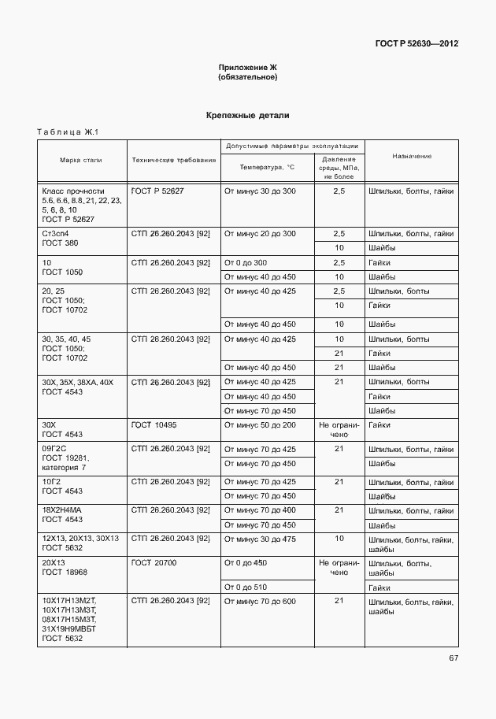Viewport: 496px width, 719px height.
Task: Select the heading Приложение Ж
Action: [x=248, y=69]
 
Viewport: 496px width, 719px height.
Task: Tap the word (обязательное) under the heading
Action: [x=248, y=78]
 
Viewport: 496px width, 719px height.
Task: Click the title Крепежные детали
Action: [x=248, y=116]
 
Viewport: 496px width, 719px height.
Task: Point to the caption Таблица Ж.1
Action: [x=65, y=132]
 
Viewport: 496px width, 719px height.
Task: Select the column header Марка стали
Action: [x=82, y=160]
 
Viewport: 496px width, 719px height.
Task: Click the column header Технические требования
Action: [x=173, y=160]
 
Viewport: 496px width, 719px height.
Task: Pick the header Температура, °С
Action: [x=267, y=167]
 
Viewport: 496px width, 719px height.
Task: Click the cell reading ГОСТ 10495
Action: [x=154, y=425]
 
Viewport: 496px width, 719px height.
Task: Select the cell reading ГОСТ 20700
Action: [x=154, y=563]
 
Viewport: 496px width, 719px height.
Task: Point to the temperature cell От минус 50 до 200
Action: [x=261, y=425]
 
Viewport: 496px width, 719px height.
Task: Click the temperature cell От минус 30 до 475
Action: [x=261, y=539]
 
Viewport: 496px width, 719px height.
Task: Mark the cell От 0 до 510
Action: [x=246, y=587]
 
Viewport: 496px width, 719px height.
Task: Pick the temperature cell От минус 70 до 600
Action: [x=261, y=602]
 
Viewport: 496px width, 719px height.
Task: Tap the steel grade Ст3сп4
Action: [x=56, y=234]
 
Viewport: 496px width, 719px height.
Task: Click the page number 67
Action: [x=453, y=658]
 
